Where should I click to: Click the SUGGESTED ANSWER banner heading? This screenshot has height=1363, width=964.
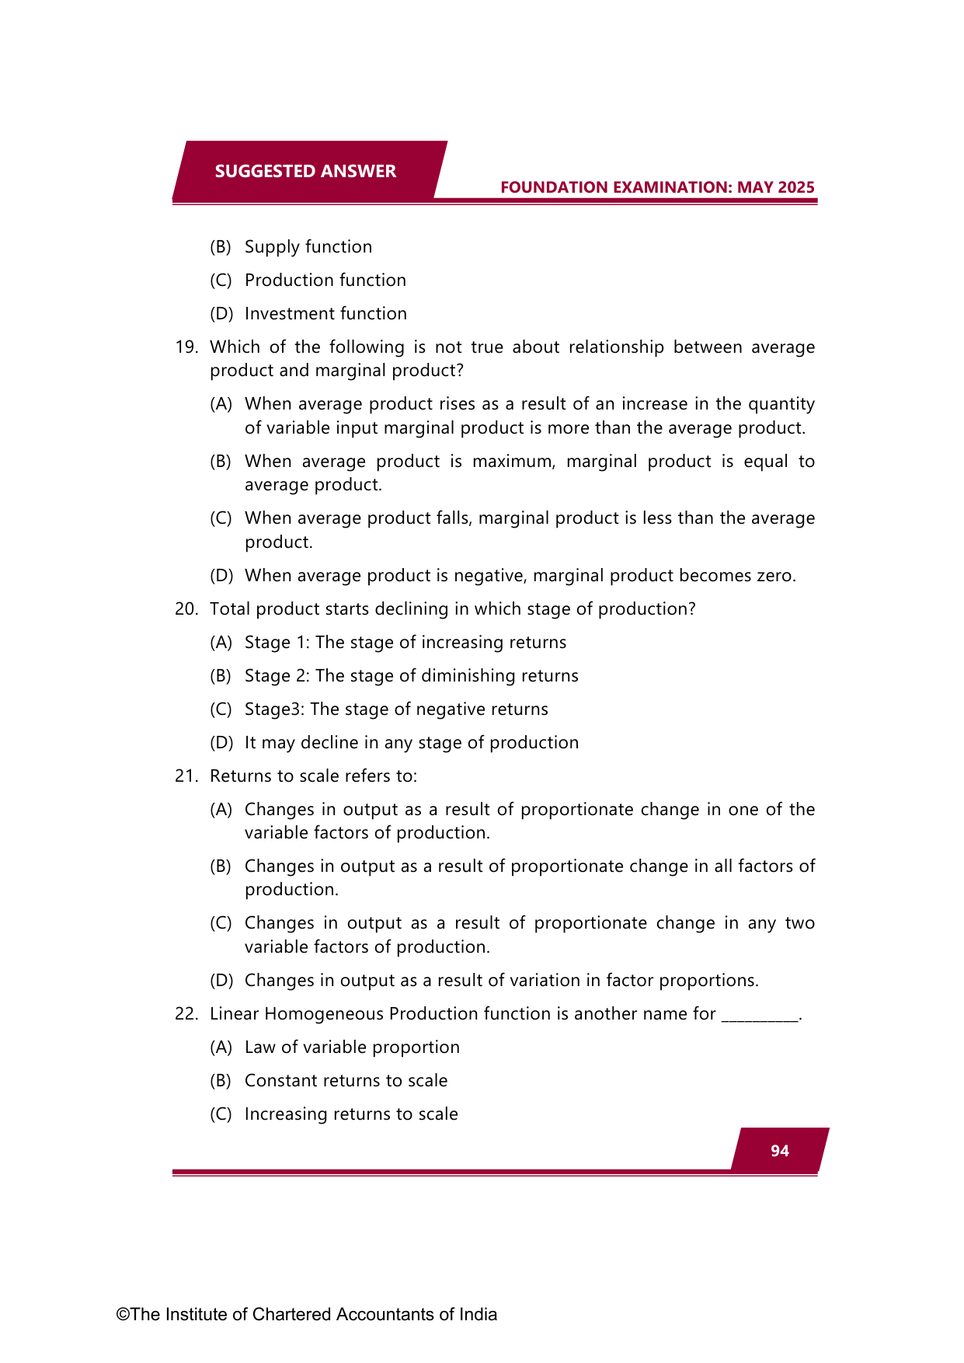[x=305, y=172]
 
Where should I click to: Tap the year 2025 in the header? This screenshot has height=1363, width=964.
[x=795, y=187]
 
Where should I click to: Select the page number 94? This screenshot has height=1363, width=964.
[x=780, y=1151]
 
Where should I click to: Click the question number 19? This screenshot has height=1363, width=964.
[x=186, y=347]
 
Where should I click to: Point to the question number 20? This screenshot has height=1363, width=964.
[x=186, y=609]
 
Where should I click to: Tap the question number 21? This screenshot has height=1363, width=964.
[x=186, y=776]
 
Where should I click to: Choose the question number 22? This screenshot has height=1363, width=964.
[x=186, y=1014]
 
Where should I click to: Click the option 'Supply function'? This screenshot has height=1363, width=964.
[x=308, y=247]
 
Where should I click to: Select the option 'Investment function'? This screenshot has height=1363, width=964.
[x=325, y=314]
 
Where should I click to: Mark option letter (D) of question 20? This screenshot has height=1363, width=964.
[x=221, y=743]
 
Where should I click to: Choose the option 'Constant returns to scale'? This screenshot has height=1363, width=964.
[x=346, y=1081]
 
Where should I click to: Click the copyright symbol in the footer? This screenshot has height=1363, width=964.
[x=123, y=1315]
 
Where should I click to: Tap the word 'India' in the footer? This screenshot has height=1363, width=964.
[x=478, y=1315]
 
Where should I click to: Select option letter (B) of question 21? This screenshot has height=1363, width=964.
[x=221, y=866]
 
